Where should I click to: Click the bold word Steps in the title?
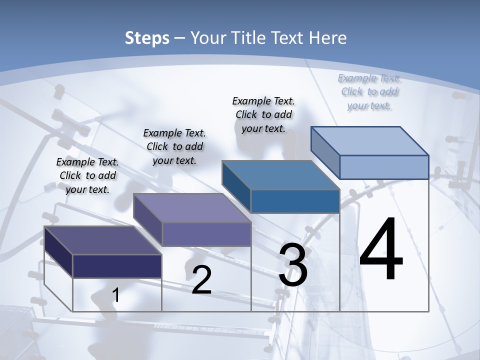[x=147, y=38]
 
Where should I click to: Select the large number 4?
[x=381, y=250]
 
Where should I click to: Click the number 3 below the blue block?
[x=293, y=265]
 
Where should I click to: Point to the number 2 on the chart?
[x=201, y=280]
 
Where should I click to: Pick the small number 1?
[x=116, y=295]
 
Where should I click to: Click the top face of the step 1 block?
[x=102, y=240]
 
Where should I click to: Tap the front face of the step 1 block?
[x=117, y=266]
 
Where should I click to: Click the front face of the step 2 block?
[x=206, y=234]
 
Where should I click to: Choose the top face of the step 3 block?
[x=280, y=175]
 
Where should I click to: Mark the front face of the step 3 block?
[x=295, y=201]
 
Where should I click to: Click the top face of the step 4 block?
[x=369, y=141]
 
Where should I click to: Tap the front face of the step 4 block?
[x=384, y=167]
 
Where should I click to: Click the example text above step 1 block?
[x=88, y=175]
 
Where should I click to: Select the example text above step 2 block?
[x=174, y=146]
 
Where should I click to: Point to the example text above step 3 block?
[x=263, y=114]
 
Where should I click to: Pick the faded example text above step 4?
[x=369, y=91]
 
